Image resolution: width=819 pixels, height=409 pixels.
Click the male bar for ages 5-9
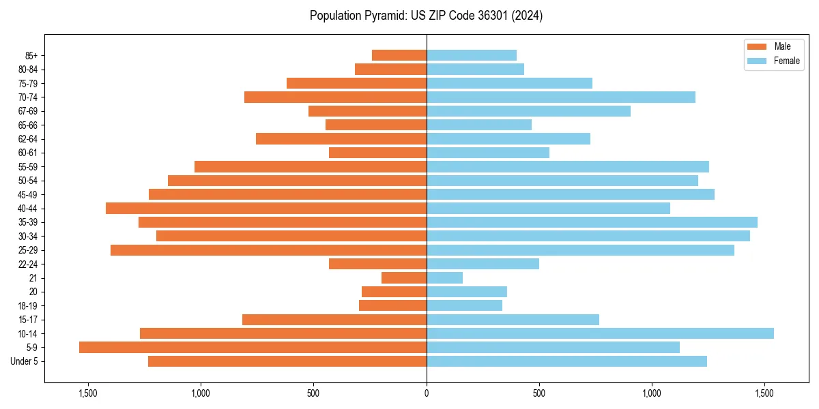(253, 348)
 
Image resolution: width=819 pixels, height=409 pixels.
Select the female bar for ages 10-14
(600, 333)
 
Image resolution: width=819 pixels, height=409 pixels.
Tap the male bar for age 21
(404, 278)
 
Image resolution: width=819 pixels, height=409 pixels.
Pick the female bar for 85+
(472, 55)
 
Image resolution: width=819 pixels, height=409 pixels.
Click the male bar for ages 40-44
(266, 209)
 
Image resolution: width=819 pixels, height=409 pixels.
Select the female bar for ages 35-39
(592, 222)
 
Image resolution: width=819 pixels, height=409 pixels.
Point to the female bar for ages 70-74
(561, 97)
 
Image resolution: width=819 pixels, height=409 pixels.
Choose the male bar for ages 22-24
(377, 264)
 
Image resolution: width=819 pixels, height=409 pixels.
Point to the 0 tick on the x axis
(427, 393)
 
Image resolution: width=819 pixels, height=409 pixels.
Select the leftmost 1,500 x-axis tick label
(88, 393)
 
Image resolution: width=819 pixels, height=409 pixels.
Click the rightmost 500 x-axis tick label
(539, 393)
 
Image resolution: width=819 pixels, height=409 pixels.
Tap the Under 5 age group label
(25, 361)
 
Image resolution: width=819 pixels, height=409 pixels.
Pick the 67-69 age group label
(28, 111)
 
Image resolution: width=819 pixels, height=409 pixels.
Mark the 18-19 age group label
(28, 306)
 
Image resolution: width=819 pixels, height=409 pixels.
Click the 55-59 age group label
(28, 167)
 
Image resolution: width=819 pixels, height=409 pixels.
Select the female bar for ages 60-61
(488, 153)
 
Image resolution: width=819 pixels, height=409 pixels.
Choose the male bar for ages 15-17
(334, 320)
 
